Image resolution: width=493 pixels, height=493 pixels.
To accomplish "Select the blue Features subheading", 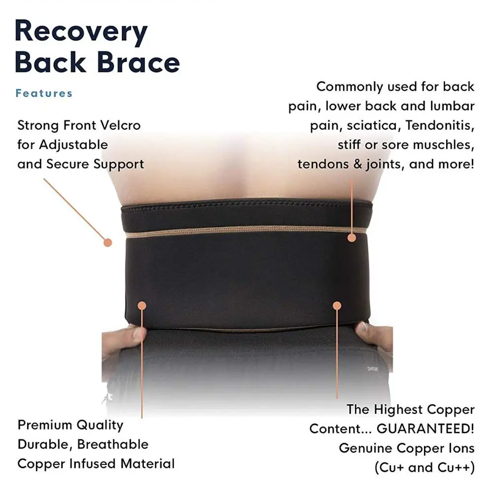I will coord(44,93).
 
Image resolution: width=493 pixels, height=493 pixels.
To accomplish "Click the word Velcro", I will coord(120,125).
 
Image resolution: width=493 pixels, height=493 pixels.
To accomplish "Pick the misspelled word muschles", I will coord(442,145).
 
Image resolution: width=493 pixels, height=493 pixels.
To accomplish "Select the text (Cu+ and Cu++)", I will coord(424,467).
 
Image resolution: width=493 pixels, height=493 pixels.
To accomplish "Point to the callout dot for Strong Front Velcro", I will coord(108,242).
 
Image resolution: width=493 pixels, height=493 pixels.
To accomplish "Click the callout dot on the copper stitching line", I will coord(352,238).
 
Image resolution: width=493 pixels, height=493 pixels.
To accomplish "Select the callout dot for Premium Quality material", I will coord(142,305).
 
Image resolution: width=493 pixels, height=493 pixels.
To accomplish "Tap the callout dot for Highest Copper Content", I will coord(337,305).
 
